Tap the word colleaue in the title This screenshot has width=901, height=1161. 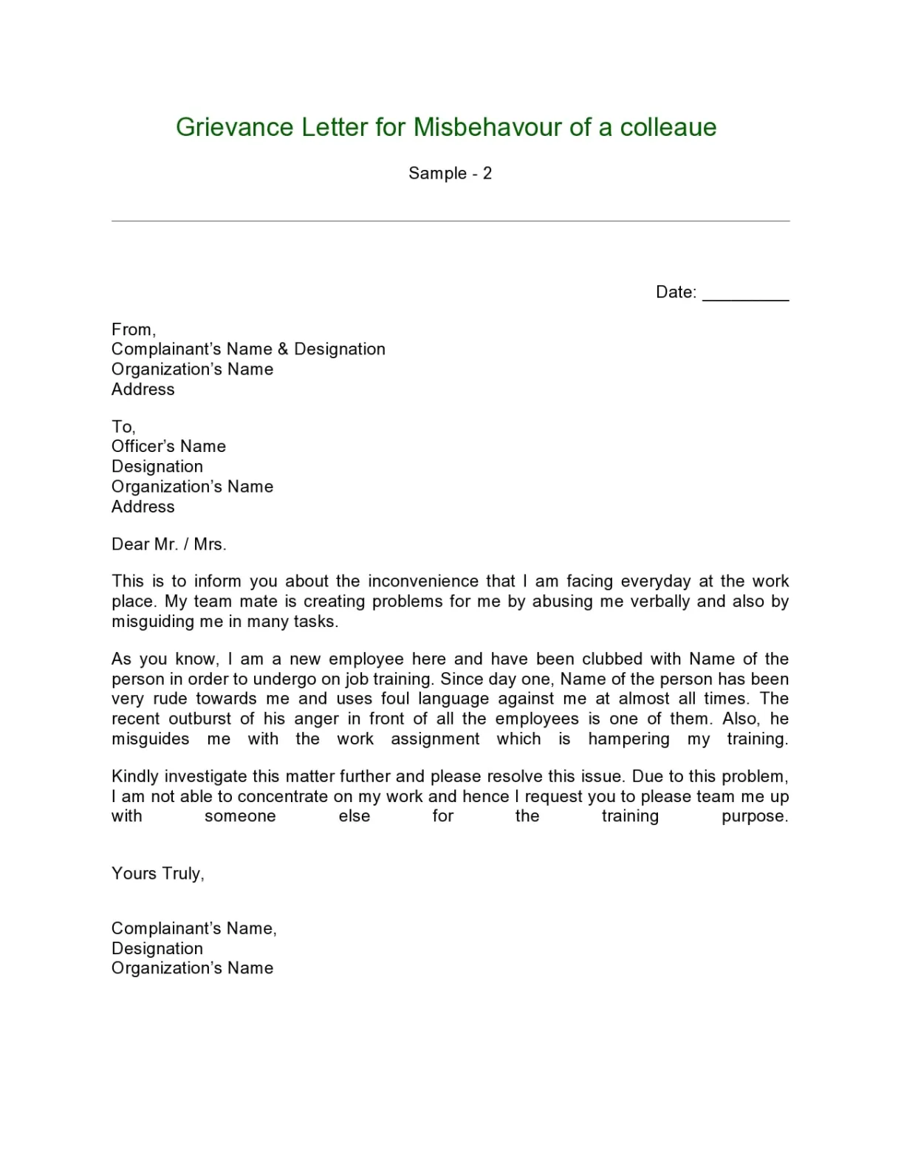coord(668,127)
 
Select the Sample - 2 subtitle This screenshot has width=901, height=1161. coord(450,174)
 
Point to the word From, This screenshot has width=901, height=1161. coord(134,329)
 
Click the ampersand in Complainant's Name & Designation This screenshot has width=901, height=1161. coord(283,349)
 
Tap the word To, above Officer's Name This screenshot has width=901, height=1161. coord(123,427)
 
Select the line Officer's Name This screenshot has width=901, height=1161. coord(168,447)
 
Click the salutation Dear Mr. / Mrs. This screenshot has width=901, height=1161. coord(168,544)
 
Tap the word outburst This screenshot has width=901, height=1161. coord(200,719)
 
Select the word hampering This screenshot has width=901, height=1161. coord(628,739)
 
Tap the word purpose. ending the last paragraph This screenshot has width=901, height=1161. coord(755,817)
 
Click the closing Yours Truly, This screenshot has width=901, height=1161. coord(157,874)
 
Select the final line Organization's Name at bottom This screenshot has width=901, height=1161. coord(192,968)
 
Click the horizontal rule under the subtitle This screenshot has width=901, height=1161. coord(450,221)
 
